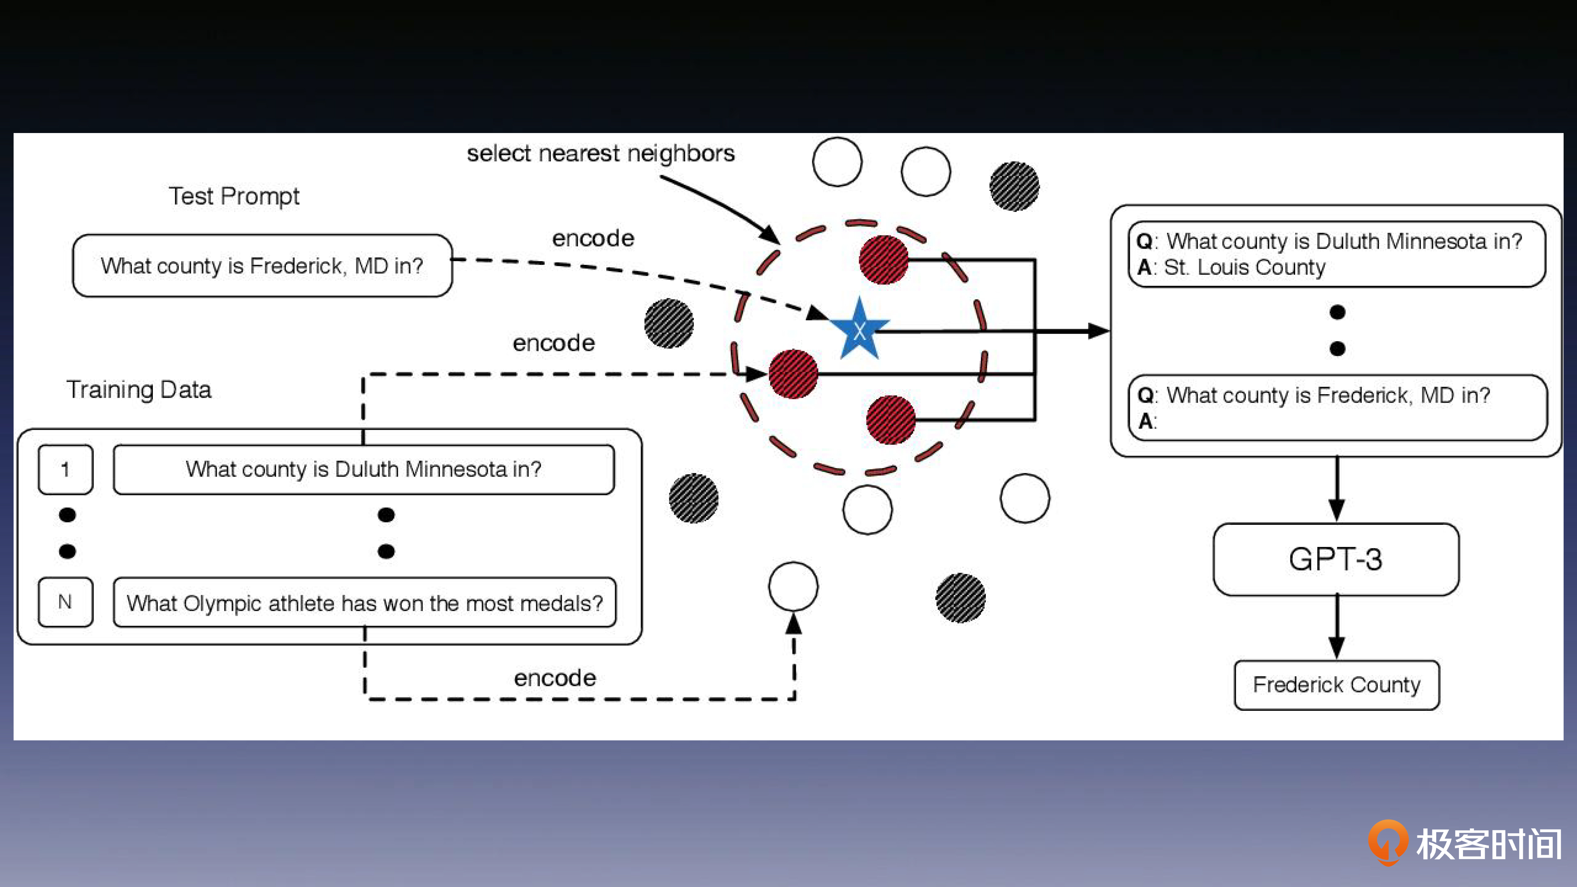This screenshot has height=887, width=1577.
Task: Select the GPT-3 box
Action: [x=1336, y=559]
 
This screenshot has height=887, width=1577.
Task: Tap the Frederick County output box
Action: [x=1336, y=684]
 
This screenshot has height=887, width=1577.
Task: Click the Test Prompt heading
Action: [x=234, y=196]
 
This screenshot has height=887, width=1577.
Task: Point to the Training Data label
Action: [x=139, y=389]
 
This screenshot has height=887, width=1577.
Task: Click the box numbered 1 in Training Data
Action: [x=66, y=469]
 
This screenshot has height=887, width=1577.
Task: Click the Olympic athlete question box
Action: [x=365, y=603]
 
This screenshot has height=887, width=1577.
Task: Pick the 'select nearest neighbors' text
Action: [x=600, y=153]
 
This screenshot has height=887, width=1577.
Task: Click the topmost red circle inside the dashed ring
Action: [x=884, y=260]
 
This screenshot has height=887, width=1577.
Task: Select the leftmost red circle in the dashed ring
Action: [x=793, y=374]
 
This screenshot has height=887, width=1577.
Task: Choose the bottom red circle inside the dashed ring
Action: [x=891, y=420]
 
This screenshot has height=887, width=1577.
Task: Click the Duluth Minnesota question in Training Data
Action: [x=364, y=469]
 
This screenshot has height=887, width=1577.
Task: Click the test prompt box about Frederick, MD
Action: [x=262, y=266]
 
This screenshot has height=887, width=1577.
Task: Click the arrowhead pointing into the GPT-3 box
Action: [x=1336, y=509]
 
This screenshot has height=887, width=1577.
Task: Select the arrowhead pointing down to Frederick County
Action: [x=1336, y=646]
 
